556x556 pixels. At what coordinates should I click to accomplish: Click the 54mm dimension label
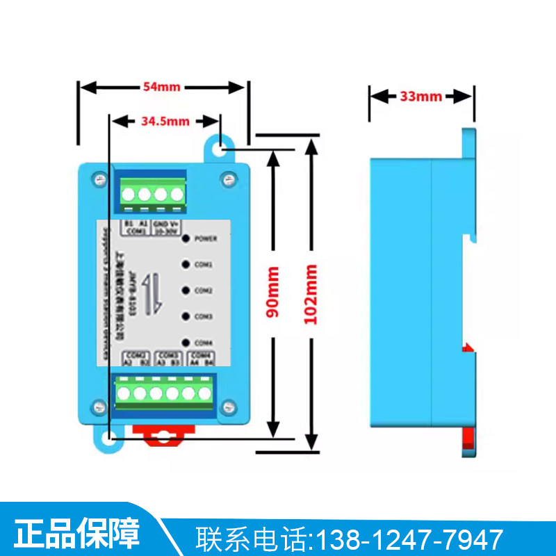click(x=161, y=87)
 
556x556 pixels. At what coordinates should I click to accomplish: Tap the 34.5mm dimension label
click(x=165, y=121)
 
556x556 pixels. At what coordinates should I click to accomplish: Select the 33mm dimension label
click(x=420, y=96)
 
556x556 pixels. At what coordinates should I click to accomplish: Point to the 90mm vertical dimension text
click(x=273, y=292)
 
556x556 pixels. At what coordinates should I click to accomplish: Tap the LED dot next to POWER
click(x=186, y=238)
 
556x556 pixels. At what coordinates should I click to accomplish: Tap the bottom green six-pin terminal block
click(x=165, y=393)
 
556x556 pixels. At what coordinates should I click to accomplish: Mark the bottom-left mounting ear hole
click(x=109, y=439)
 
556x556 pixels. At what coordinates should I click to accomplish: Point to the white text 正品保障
click(x=77, y=534)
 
